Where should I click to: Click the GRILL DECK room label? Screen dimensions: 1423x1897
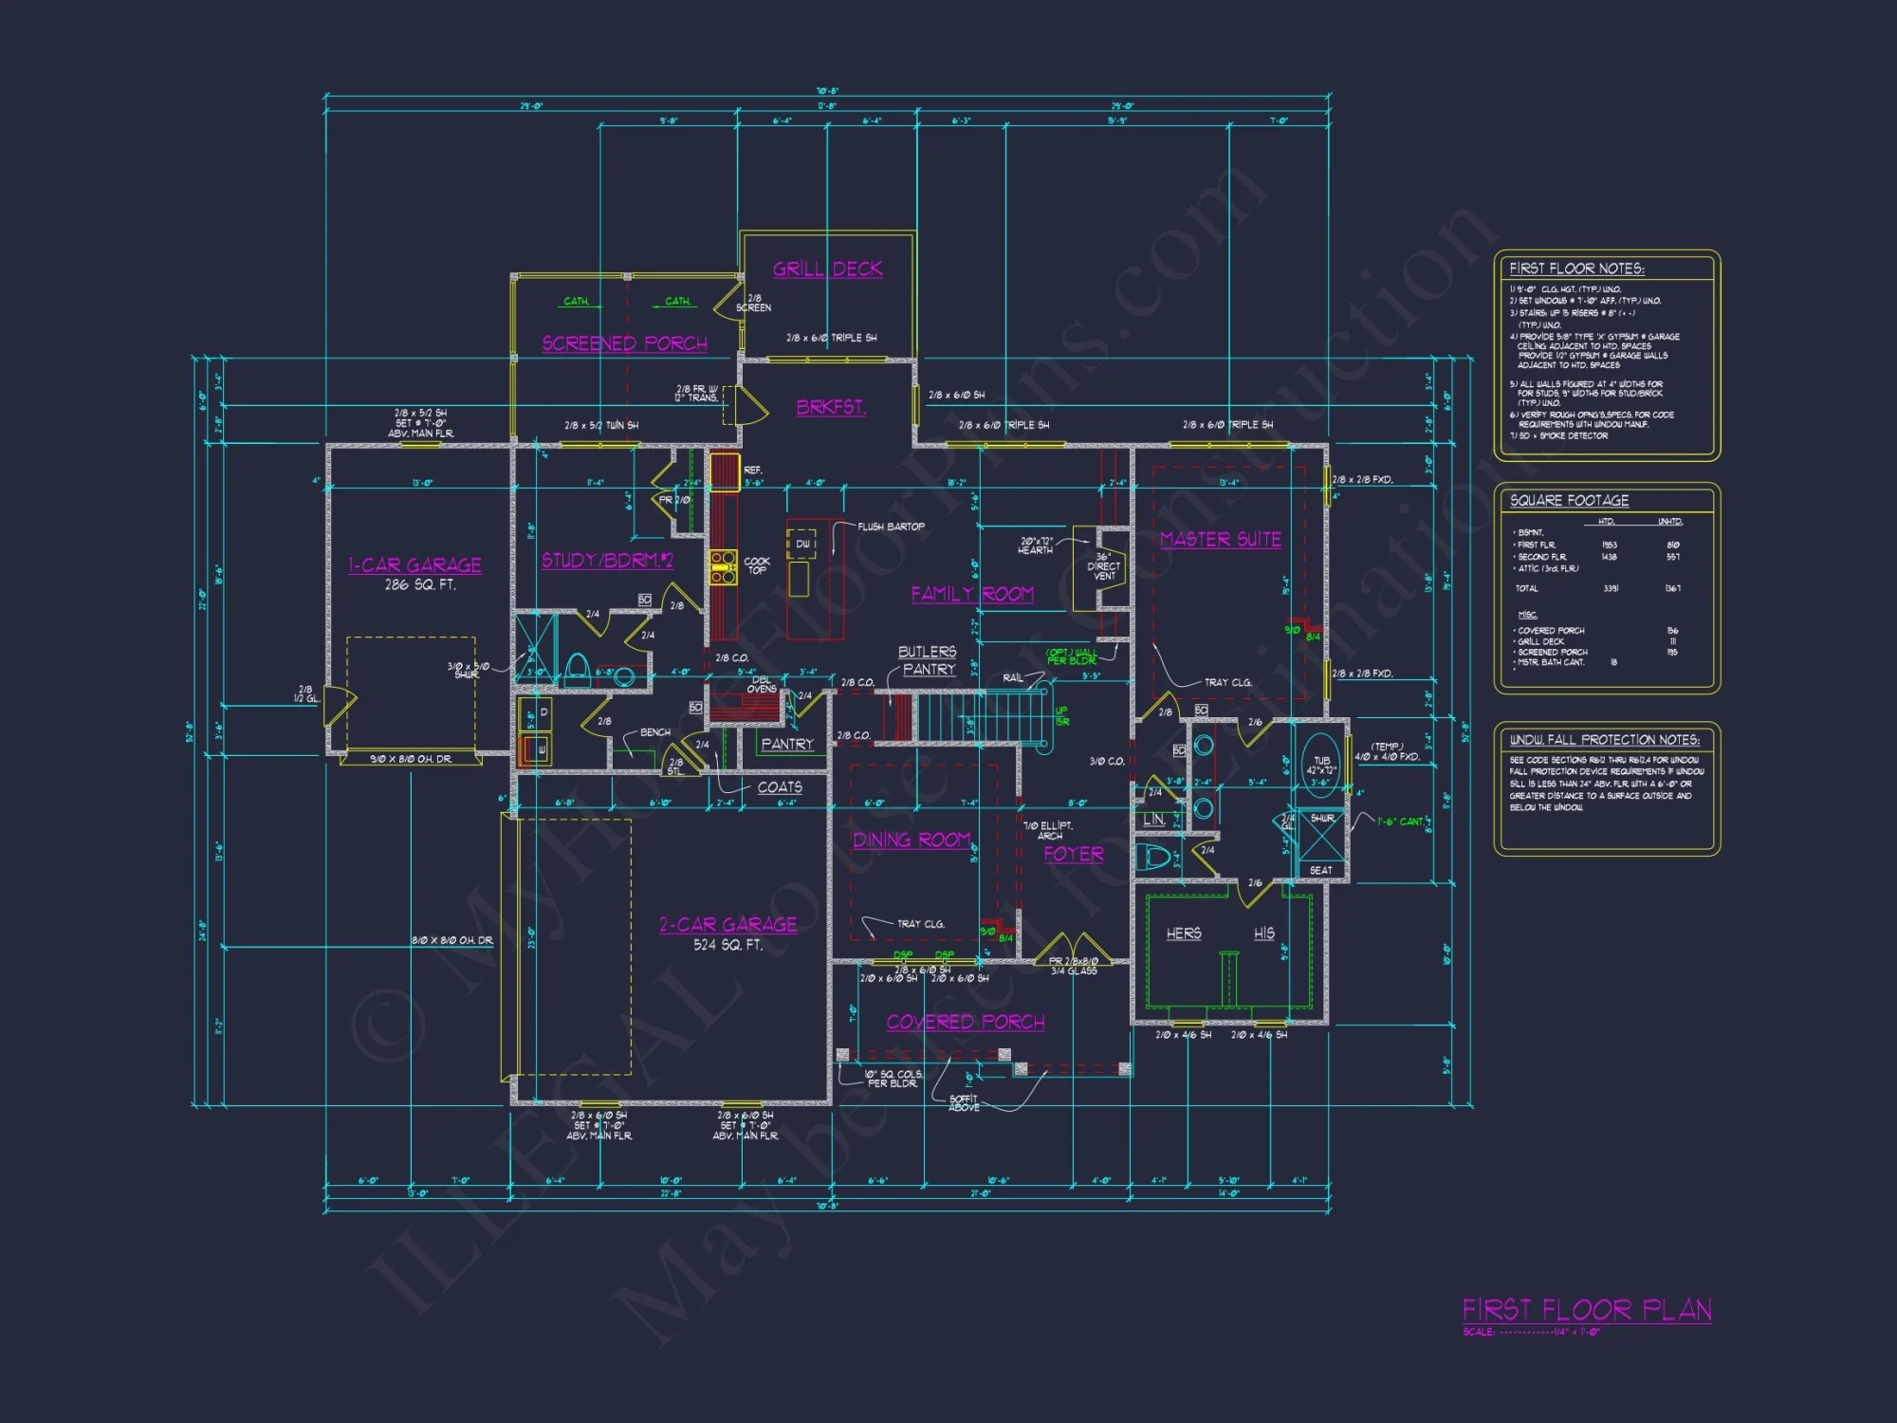tap(827, 269)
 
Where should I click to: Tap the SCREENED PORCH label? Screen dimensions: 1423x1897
tap(624, 343)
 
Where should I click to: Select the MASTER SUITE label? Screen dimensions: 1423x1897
tap(1220, 540)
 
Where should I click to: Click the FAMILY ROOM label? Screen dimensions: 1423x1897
tap(972, 595)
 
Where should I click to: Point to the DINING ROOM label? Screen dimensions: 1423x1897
tap(911, 841)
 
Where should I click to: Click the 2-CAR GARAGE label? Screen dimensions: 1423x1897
tap(727, 925)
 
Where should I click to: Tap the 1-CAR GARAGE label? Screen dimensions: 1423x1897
tap(414, 565)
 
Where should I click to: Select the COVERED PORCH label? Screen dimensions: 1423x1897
tap(966, 1023)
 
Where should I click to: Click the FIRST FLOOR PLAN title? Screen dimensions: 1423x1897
tap(1586, 1311)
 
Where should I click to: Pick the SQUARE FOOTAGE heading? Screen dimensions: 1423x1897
tap(1569, 501)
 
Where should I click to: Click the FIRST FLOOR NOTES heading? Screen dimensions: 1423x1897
tap(1576, 269)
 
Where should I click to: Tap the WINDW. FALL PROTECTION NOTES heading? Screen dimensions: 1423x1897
tap(1604, 740)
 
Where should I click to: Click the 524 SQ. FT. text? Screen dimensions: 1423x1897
tap(727, 945)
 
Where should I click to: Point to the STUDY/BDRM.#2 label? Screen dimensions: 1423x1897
tap(607, 561)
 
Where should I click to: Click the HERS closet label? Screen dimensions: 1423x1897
tap(1183, 934)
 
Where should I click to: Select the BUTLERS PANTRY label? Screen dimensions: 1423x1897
tap(928, 660)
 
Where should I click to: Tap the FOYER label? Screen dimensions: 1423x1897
tap(1073, 855)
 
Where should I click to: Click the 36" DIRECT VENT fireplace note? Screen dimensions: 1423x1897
tap(1103, 566)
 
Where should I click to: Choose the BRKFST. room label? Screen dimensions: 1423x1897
tap(831, 408)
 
